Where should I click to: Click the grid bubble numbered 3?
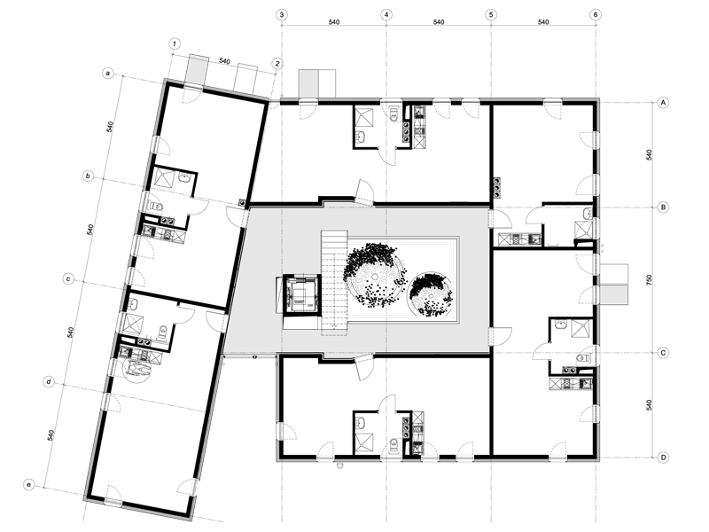point(282,14)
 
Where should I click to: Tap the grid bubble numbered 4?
point(386,14)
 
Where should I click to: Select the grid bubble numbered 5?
point(491,14)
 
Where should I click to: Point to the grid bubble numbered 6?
point(596,14)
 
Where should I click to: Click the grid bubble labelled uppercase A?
point(663,103)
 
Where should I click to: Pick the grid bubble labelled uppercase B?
point(663,207)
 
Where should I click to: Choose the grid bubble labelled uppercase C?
point(663,352)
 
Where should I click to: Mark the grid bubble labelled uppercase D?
point(663,458)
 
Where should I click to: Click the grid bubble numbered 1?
point(175,43)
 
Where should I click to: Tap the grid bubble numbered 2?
point(277,63)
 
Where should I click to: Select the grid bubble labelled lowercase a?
point(107,73)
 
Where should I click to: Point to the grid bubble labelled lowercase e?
point(29,485)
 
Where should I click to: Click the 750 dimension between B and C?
point(650,280)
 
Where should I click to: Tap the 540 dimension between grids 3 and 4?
point(334,21)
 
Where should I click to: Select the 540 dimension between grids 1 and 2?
point(225,61)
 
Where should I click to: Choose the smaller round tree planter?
point(430,294)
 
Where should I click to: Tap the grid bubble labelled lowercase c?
point(68,279)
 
